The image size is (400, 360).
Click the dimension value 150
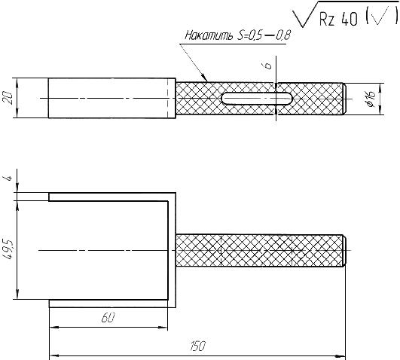click(197, 346)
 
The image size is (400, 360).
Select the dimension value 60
click(108, 318)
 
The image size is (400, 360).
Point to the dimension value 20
click(9, 98)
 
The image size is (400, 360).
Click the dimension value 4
click(9, 178)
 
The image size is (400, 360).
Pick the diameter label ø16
click(371, 99)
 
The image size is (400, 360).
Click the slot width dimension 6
click(268, 66)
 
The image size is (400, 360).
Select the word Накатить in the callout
click(209, 35)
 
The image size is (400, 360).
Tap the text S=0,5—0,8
click(264, 35)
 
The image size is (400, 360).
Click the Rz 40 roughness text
click(338, 19)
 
